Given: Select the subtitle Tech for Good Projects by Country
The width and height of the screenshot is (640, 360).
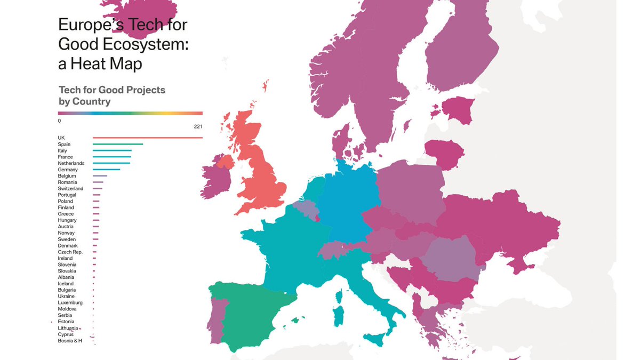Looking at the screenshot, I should tap(111, 95).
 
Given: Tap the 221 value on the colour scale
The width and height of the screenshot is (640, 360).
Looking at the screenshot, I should tap(198, 126).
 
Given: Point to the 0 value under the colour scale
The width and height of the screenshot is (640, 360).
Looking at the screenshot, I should tap(60, 121).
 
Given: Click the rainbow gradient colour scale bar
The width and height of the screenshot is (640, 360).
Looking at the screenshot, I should tap(130, 113).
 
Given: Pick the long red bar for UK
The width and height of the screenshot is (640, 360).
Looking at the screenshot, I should tap(147, 138).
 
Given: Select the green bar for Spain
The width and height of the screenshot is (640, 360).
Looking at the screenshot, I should tap(117, 144).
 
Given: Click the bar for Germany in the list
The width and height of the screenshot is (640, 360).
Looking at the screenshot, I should tap(106, 170).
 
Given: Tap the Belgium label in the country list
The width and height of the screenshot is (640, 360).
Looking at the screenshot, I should tap(67, 176).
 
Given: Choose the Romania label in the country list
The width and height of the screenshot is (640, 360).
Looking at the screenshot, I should tap(67, 182).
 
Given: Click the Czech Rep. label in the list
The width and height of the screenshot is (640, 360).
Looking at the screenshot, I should tap(70, 252).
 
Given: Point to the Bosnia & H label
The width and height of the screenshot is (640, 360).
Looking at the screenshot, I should tap(70, 341).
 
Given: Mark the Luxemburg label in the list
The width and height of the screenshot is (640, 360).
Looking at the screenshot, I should tap(70, 303).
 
